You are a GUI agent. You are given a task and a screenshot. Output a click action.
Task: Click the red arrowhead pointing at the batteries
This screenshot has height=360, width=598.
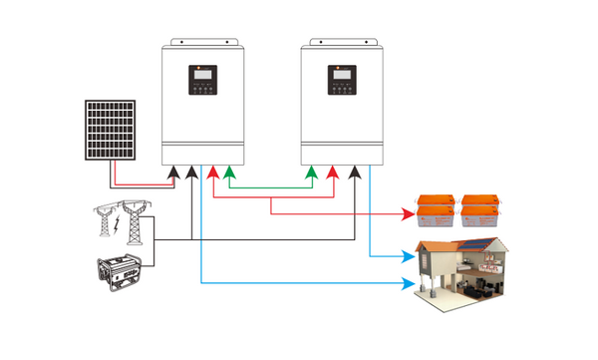coord(409,212)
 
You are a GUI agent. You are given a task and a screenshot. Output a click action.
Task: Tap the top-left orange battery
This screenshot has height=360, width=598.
coord(441,199)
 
